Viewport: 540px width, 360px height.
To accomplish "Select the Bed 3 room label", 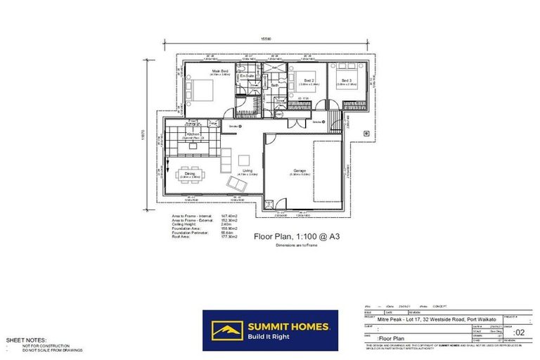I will coord(347,80).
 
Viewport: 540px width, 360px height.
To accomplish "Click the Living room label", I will coord(247,169).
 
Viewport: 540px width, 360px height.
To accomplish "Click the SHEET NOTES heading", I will coord(26,340).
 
